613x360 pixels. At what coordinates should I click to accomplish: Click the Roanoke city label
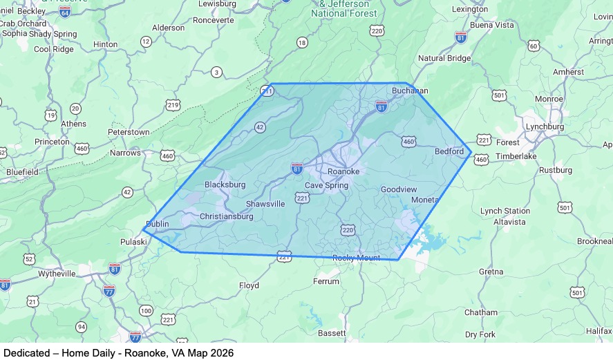tap(343, 171)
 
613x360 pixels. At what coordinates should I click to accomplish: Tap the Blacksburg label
tap(225, 185)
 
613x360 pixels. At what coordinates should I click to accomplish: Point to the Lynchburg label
tap(544, 127)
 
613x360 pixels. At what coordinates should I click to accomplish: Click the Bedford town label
tap(449, 151)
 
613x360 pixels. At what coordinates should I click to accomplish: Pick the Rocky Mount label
tap(356, 258)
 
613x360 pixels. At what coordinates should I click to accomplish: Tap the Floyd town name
tap(249, 285)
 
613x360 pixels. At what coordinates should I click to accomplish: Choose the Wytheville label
tap(57, 274)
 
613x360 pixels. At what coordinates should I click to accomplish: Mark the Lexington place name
tap(469, 9)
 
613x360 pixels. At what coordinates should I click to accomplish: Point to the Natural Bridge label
tap(444, 59)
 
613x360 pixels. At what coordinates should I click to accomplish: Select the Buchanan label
tap(410, 91)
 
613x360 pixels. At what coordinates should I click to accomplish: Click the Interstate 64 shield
tap(64, 12)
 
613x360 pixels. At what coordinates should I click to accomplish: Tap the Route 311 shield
tap(267, 91)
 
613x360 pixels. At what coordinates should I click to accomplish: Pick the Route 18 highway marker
tap(301, 43)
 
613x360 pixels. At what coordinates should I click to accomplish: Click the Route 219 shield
tap(173, 105)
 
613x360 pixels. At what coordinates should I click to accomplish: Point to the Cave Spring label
tap(327, 185)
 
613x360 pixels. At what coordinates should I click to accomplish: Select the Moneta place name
tap(424, 200)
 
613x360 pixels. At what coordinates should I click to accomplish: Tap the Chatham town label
tap(480, 312)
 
